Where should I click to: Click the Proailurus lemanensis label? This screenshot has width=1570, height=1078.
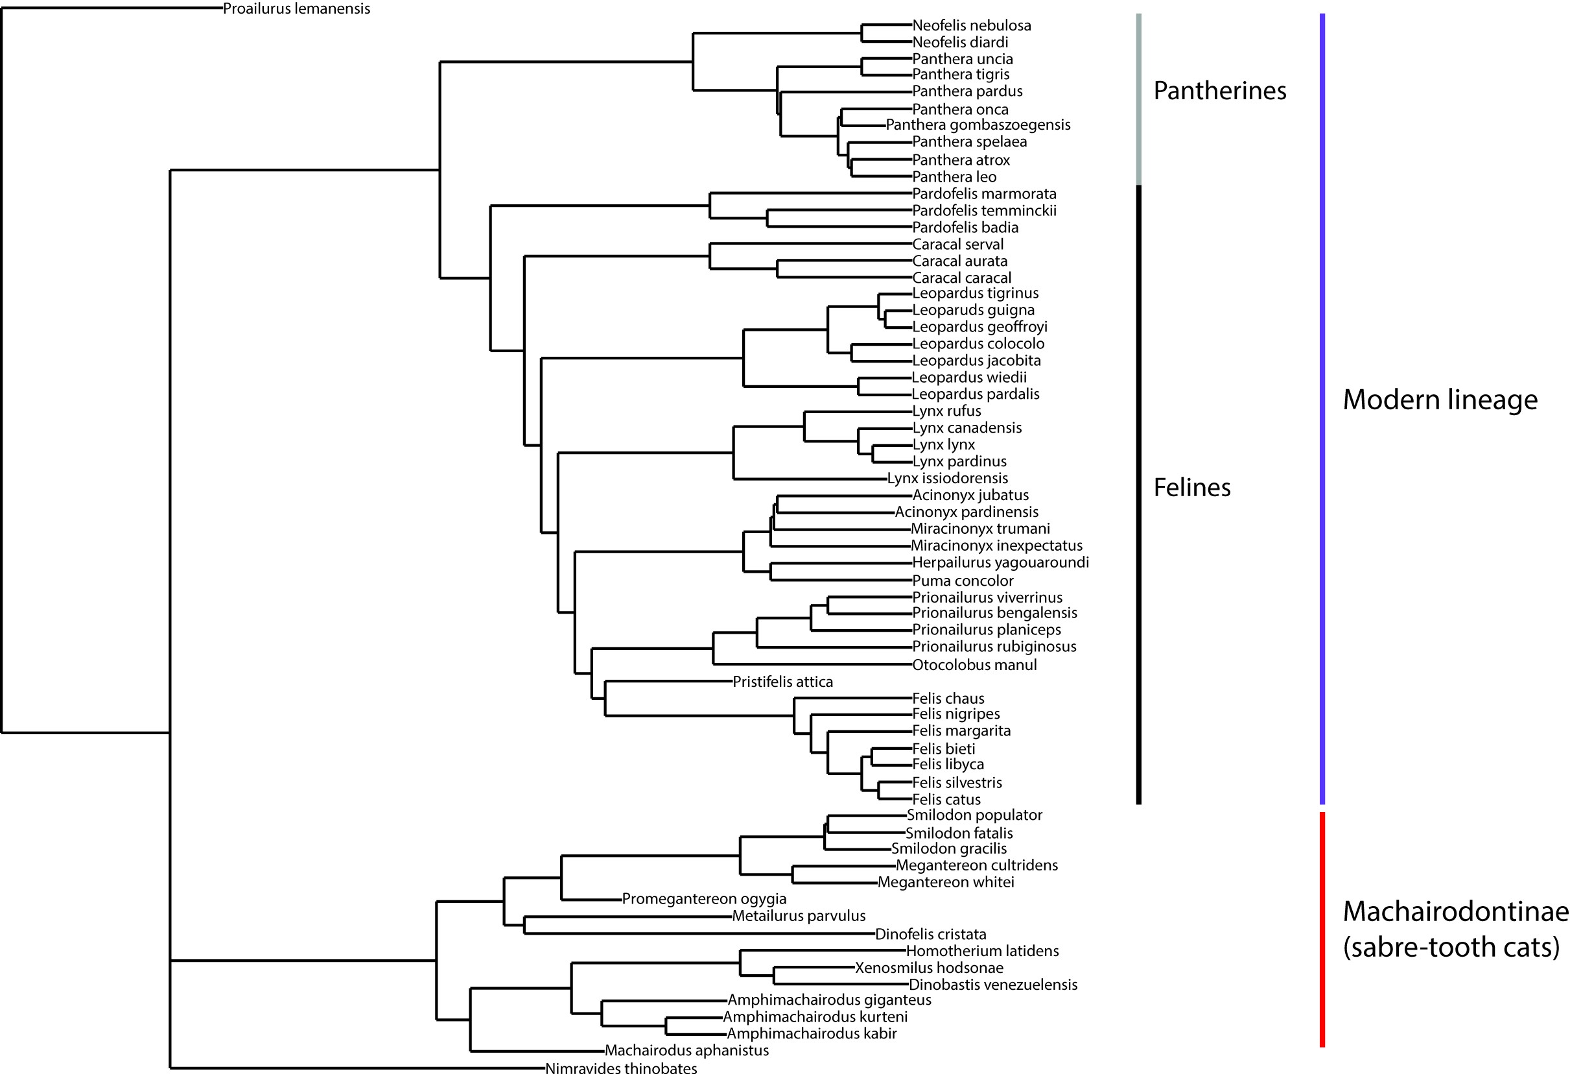coord(297,9)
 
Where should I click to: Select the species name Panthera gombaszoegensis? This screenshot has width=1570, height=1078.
coord(978,125)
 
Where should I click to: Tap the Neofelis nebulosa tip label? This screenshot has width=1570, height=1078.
coord(972,26)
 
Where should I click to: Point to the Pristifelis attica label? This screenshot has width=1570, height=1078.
coord(783,682)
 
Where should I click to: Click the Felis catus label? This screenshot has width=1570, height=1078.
coord(946,800)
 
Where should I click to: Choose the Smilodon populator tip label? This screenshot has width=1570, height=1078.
coord(974,815)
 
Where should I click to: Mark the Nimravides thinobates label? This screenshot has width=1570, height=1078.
coord(621,1068)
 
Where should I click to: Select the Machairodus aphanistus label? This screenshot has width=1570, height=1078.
coord(686,1050)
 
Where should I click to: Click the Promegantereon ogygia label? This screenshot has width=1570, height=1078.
coord(704,899)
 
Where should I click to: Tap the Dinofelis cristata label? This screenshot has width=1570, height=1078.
coord(930,934)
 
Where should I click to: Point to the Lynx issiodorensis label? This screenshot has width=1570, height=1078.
coord(947,479)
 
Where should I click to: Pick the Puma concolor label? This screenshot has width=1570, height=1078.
coord(963,581)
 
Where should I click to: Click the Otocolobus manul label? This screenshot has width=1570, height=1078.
coord(974,665)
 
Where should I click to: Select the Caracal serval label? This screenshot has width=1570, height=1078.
coord(958,245)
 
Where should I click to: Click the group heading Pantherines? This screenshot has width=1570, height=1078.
coord(1219,91)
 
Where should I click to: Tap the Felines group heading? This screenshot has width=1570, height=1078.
coord(1191,487)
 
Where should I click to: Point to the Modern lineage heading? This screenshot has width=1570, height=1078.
coord(1440,400)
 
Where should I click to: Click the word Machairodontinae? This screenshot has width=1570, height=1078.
coord(1455,912)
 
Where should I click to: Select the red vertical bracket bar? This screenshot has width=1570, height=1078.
coord(1322,930)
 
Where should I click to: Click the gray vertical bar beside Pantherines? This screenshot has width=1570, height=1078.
coord(1139,99)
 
